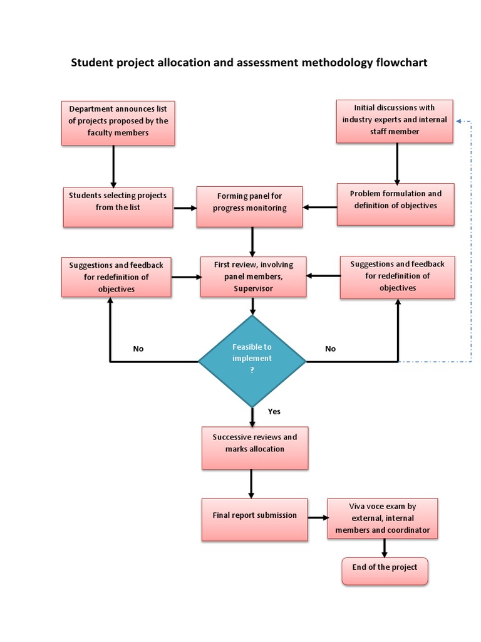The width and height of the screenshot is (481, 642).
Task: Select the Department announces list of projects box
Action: (118, 122)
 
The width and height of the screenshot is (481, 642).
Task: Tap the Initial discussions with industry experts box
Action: (394, 120)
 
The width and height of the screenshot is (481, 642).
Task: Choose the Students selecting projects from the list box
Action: (118, 207)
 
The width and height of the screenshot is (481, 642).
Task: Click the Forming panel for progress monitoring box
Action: (249, 206)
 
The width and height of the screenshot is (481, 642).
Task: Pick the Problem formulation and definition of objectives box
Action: (395, 204)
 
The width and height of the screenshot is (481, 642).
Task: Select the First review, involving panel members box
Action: (253, 276)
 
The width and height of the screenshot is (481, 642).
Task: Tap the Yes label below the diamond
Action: (274, 411)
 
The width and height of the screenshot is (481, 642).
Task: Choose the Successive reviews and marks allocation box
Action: (254, 448)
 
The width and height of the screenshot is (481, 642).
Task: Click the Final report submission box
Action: (254, 519)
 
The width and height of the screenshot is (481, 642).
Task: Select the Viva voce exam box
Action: (382, 519)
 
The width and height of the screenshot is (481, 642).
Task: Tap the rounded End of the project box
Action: (385, 571)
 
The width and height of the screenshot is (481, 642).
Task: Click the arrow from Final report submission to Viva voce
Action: (318, 518)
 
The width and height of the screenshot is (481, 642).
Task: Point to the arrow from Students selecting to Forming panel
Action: (185, 207)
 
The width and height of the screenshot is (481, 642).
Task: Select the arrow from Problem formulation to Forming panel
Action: (320, 207)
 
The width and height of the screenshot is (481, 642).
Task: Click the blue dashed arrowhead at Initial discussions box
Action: (459, 120)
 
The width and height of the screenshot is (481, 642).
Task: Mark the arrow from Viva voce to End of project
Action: (384, 549)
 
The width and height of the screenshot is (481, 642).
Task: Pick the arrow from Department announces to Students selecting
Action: (113, 166)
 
